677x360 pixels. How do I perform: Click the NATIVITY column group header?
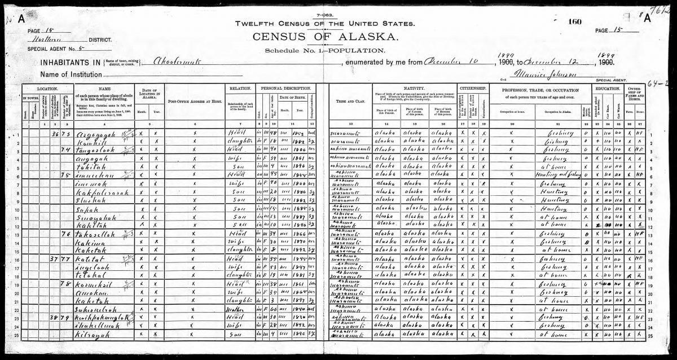[414, 89]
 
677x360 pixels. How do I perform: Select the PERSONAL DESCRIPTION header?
[285, 89]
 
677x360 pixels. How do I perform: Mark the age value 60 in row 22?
[275, 310]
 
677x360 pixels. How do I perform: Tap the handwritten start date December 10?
[445, 62]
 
